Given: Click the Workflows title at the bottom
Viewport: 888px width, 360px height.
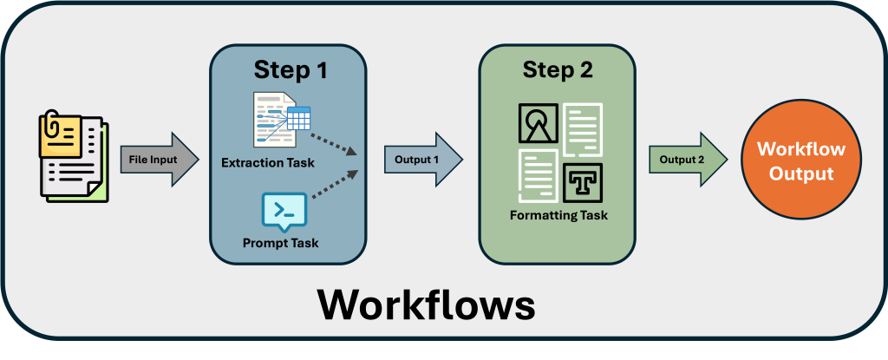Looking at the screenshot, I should click(425, 304).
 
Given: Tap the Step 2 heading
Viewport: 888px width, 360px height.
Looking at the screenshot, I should click(557, 70).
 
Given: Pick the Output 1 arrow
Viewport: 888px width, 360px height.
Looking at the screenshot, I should click(422, 160).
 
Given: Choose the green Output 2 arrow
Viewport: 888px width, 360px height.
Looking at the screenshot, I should click(688, 160).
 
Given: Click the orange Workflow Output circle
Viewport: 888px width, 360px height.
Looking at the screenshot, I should click(795, 160).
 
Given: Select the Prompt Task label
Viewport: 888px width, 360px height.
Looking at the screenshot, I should click(280, 243).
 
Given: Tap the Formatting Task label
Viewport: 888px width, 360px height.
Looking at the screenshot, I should click(558, 215).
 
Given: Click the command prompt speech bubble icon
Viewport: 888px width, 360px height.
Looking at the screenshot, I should click(284, 211).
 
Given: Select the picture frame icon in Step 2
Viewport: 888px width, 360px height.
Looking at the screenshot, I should click(539, 124).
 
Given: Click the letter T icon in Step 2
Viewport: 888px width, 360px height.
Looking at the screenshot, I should click(581, 181).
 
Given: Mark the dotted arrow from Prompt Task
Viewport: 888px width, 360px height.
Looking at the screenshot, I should click(335, 185).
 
